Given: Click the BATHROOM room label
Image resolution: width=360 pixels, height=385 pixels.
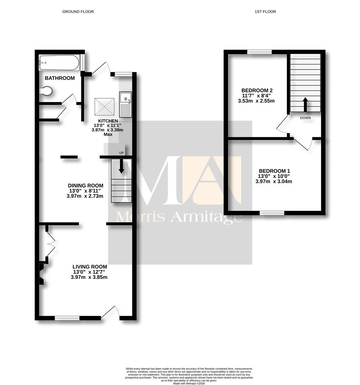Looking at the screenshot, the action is tap(60, 78).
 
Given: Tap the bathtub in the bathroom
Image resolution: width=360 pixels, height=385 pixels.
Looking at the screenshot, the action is tap(59, 62).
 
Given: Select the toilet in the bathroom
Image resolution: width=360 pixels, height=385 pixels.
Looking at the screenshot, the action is tap(46, 91).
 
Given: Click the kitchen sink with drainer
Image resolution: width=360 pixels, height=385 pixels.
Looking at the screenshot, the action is tap(126, 104).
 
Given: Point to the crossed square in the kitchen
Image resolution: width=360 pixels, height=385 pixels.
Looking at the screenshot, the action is tap(105, 107).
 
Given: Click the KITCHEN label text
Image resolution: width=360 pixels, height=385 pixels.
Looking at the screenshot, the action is tap(108, 121).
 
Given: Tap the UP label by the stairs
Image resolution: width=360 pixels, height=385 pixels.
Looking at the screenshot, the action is tap(121, 153).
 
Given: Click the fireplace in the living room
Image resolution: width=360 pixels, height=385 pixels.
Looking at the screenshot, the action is tap(42, 274).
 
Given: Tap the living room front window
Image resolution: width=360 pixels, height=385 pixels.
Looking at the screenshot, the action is tap(67, 318).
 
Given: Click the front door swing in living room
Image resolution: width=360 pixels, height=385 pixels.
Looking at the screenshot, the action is tap(110, 312).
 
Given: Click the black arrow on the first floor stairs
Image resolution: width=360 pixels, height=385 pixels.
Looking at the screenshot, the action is tap(305, 105).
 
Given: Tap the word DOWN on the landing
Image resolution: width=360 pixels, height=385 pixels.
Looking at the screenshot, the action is tap(305, 118).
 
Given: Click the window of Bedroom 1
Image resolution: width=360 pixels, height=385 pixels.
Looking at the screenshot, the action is tap(272, 213).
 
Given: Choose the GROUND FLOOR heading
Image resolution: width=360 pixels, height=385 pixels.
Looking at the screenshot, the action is tap(78, 11).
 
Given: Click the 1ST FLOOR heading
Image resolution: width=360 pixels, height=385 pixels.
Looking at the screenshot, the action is tap(265, 11).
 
